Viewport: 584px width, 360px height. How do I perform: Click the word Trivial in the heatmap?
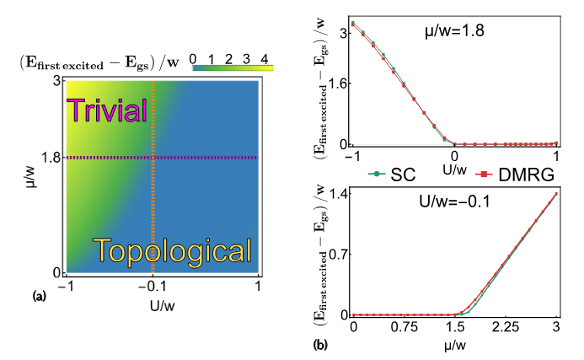107,110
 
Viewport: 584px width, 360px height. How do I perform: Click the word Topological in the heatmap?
173,250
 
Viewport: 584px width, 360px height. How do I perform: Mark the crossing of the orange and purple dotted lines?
153,158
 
